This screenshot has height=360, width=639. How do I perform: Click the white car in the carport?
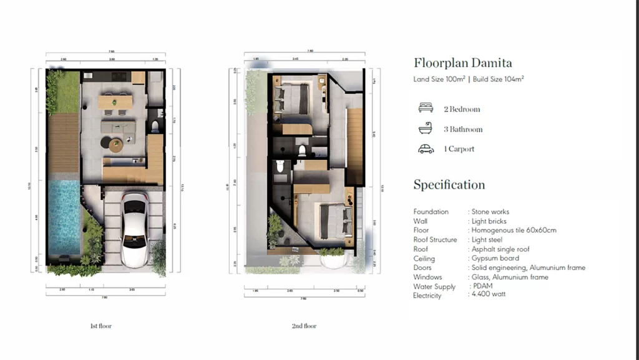[134, 229]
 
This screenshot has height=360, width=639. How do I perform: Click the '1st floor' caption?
[101, 326]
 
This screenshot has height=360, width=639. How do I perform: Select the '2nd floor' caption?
[304, 326]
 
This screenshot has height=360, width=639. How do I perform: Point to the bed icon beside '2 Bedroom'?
[426, 109]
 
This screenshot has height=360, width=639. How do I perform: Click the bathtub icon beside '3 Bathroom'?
[426, 129]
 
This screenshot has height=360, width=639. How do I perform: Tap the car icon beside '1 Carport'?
[426, 149]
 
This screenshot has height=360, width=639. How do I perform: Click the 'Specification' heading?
[449, 185]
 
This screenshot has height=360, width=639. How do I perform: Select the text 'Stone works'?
[490, 212]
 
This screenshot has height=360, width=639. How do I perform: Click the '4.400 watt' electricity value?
[489, 294]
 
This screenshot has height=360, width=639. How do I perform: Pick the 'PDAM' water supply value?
[483, 286]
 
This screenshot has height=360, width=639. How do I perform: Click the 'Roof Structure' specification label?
[435, 240]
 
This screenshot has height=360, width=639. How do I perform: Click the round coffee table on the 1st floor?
[117, 145]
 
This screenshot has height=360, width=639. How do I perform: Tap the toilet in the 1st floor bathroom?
[155, 127]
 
